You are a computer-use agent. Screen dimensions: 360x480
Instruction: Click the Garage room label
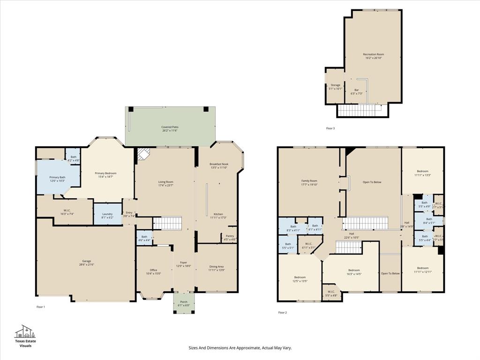[87, 261]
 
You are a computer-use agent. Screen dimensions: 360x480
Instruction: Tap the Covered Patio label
[170, 127]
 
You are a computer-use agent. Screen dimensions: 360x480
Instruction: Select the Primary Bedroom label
[105, 173]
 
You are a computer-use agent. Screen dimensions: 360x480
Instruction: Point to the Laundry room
[107, 214]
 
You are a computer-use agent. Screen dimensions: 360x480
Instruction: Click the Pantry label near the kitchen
[230, 236]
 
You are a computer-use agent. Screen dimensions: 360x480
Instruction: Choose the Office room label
[153, 270]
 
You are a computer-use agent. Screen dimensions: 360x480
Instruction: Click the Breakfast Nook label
[219, 164]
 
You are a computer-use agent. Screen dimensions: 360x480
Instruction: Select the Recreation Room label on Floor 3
[373, 54]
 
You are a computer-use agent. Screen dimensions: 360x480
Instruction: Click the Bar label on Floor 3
[356, 90]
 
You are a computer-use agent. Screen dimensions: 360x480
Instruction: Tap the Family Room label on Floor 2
[309, 181]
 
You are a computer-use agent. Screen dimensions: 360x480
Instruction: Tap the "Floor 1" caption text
[41, 307]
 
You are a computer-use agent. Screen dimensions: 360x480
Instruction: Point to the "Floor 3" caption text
[330, 128]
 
